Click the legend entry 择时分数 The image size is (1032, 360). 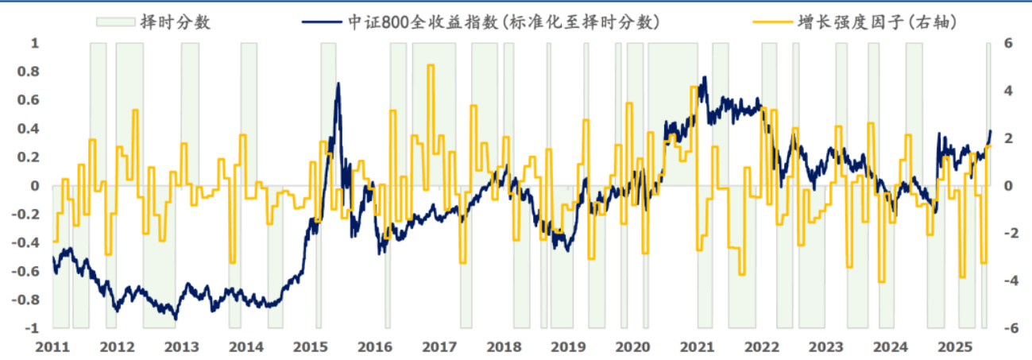point(175,21)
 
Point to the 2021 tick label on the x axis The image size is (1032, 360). point(697,347)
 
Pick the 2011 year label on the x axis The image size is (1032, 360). point(53,347)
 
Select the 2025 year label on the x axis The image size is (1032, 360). point(954,347)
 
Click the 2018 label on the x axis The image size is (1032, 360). point(504,347)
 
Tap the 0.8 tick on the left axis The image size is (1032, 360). point(29,72)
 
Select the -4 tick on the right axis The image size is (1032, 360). point(1006,281)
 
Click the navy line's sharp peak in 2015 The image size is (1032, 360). point(338,83)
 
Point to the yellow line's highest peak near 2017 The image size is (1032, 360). point(431,66)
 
